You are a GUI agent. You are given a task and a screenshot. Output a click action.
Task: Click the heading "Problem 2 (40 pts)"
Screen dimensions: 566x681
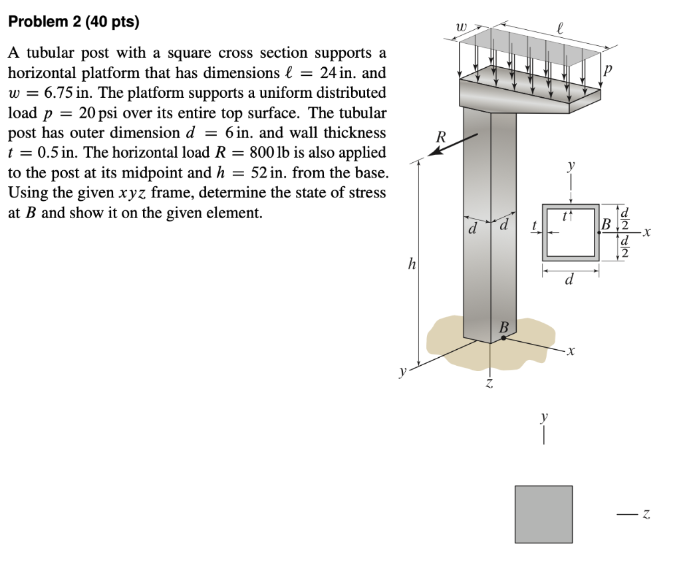(x=73, y=22)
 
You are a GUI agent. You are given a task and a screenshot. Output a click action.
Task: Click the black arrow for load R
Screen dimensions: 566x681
(x=454, y=144)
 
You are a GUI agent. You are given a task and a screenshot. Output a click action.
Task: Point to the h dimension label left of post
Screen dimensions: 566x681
(x=411, y=265)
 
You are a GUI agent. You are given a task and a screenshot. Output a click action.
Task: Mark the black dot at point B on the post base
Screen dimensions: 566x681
(x=503, y=338)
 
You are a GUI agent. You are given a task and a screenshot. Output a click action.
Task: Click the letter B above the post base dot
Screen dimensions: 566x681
(x=503, y=327)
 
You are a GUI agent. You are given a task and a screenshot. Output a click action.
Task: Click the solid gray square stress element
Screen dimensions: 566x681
(x=543, y=514)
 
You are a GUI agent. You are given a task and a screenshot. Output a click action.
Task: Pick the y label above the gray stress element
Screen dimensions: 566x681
(x=544, y=417)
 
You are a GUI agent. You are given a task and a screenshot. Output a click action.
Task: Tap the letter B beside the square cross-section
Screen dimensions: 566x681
(x=605, y=224)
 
